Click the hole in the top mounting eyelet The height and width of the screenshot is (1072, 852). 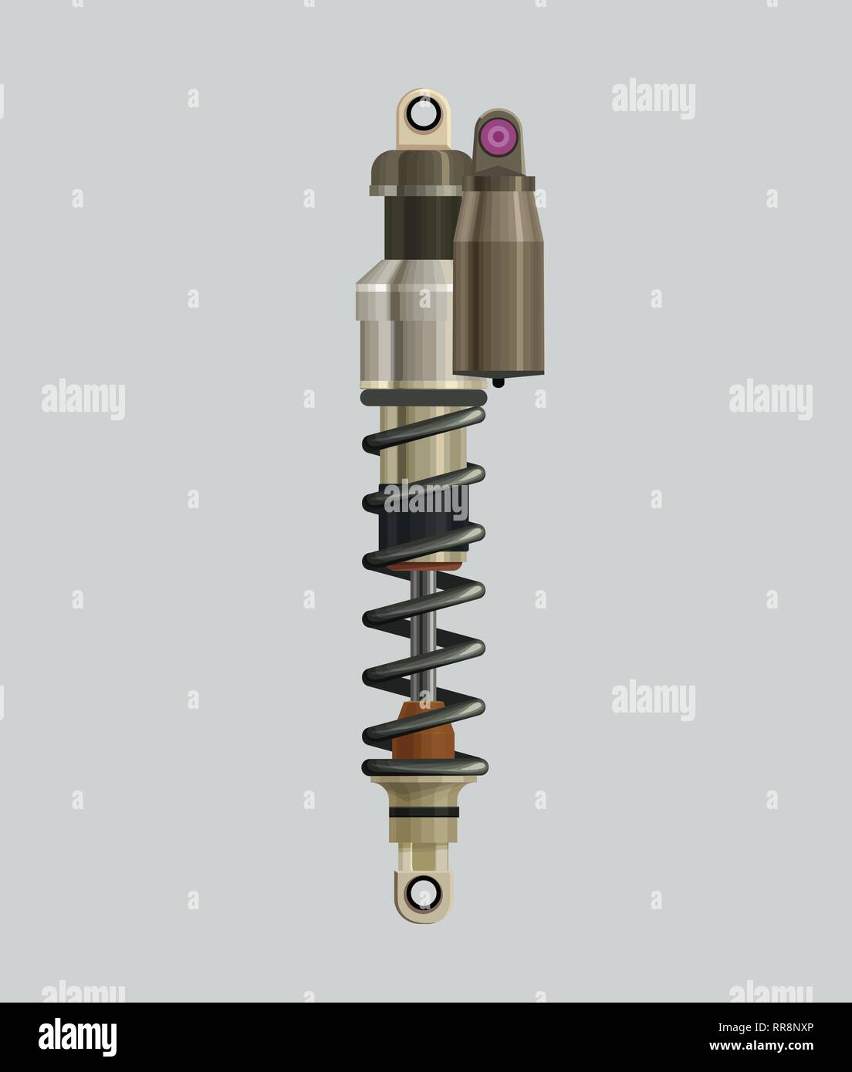coord(423,116)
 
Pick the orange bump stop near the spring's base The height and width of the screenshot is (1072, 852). coord(423,733)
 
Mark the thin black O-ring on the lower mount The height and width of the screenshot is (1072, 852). coord(423,813)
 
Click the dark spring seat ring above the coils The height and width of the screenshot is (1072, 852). coord(423,396)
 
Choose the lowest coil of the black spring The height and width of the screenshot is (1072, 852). coord(423,767)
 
